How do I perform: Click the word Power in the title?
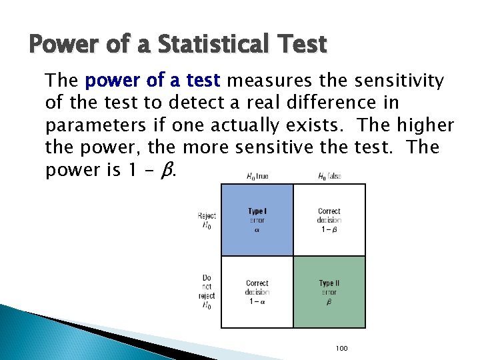pos(60,45)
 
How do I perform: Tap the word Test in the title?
pos(300,45)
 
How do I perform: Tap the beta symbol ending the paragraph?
pos(169,170)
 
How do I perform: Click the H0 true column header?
pos(257,177)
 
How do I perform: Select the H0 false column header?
pos(329,177)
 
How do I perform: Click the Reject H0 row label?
pos(207,219)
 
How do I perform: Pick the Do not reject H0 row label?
pos(207,291)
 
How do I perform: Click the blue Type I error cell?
pos(257,220)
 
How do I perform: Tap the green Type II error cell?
pos(329,292)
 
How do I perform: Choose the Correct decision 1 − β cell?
pos(329,220)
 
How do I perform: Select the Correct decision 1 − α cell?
pos(257,292)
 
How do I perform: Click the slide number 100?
pos(342,349)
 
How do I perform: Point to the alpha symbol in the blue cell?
pos(257,230)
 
